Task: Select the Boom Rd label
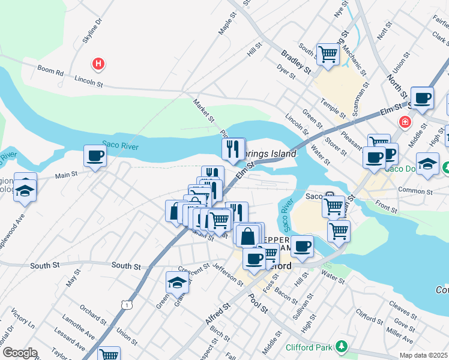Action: tap(50, 70)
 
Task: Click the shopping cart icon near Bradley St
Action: tap(328, 54)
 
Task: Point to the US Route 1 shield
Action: tap(127, 305)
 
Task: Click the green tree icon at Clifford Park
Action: tap(342, 346)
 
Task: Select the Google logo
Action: tap(20, 353)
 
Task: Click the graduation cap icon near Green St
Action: tap(177, 282)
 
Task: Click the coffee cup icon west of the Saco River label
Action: tap(95, 157)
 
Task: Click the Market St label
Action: tap(203, 110)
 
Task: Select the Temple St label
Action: tap(333, 106)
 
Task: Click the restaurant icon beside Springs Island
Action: tap(233, 148)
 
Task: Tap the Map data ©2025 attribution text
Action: tap(423, 355)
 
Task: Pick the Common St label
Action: tap(419, 192)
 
